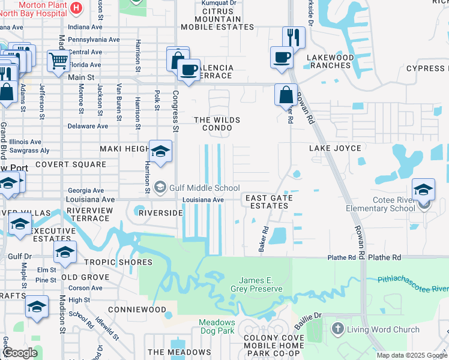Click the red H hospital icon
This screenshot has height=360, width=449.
point(76,8)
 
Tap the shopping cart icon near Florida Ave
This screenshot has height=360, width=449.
point(58,61)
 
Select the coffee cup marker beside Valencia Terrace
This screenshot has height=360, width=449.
point(189,70)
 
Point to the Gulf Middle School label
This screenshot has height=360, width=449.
point(205,188)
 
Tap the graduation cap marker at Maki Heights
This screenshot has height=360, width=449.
point(160,152)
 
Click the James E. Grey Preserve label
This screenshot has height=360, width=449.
point(261,284)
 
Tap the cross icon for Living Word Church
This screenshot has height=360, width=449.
point(337,329)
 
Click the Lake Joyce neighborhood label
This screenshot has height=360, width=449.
point(335,148)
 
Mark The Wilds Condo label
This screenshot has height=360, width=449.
point(217,124)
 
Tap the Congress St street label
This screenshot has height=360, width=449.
point(176,111)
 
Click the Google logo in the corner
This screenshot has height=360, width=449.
point(20,353)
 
